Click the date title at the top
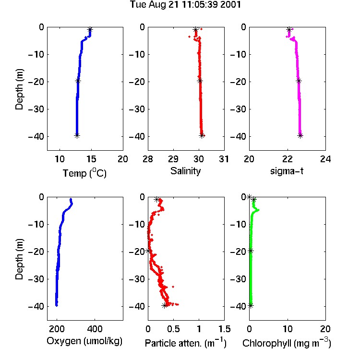click(x=185, y=4)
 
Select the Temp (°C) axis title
click(x=84, y=173)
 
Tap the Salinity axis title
click(x=185, y=171)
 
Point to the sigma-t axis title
click(x=287, y=171)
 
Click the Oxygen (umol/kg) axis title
click(x=84, y=341)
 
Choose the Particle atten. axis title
click(x=185, y=343)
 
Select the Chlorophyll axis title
click(x=287, y=343)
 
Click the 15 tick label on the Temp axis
click(x=91, y=159)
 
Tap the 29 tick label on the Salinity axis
click(x=173, y=159)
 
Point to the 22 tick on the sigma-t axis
click(x=288, y=159)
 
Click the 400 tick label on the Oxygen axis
click(x=95, y=329)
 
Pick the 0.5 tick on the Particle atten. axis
click(x=173, y=329)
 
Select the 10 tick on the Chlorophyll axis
click(x=288, y=329)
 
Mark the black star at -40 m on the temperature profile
click(x=77, y=135)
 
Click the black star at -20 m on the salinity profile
click(x=200, y=81)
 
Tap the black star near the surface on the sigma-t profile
click(x=289, y=29)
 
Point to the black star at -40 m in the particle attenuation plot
click(x=164, y=305)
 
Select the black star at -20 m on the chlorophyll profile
click(x=251, y=251)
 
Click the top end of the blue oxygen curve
click(x=71, y=199)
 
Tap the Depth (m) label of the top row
click(x=19, y=89)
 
